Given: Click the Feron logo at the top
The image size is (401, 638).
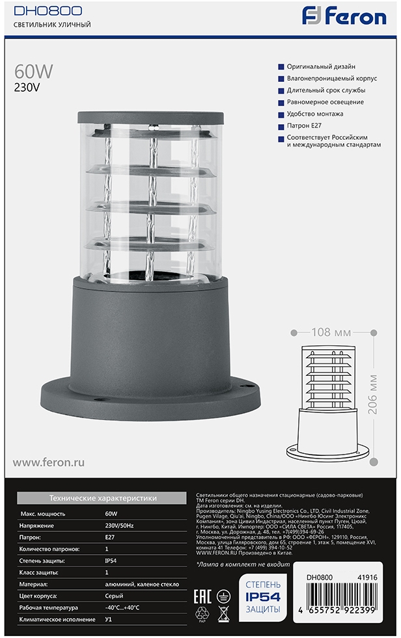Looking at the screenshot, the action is [344, 17].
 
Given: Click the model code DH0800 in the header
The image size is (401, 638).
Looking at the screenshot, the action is [48, 10].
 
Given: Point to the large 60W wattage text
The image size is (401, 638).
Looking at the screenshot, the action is [33, 72].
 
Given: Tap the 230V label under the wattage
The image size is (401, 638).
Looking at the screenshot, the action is [27, 88].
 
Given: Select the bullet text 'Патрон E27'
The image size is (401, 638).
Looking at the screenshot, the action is [304, 126].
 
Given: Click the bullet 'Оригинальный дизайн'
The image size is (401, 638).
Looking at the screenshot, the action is [321, 66].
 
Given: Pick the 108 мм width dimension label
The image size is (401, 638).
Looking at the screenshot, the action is [331, 332].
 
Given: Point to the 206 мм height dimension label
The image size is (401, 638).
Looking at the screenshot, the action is [372, 395].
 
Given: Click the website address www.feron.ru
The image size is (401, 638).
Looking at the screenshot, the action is [48, 462].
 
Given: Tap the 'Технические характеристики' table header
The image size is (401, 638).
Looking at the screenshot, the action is [103, 498].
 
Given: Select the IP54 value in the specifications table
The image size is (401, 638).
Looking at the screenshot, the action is [111, 561].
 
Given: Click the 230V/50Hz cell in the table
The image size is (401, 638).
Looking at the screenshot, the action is [119, 525].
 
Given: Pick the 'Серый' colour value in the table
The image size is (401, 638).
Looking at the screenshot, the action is [114, 596].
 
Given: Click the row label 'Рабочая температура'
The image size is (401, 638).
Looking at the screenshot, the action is [48, 608].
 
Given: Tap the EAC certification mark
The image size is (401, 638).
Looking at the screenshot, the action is [202, 597].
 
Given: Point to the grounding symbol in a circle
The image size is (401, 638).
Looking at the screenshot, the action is [223, 597].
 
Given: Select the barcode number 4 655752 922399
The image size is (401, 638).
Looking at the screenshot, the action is [337, 611].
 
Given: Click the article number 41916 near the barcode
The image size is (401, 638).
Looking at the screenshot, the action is [367, 578].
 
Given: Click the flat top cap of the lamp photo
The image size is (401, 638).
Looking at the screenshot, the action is [150, 117].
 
